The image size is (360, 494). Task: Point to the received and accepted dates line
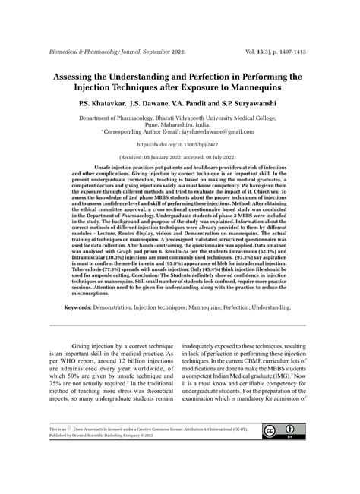pos(179,157)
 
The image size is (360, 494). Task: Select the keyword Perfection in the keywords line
pos(223,307)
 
